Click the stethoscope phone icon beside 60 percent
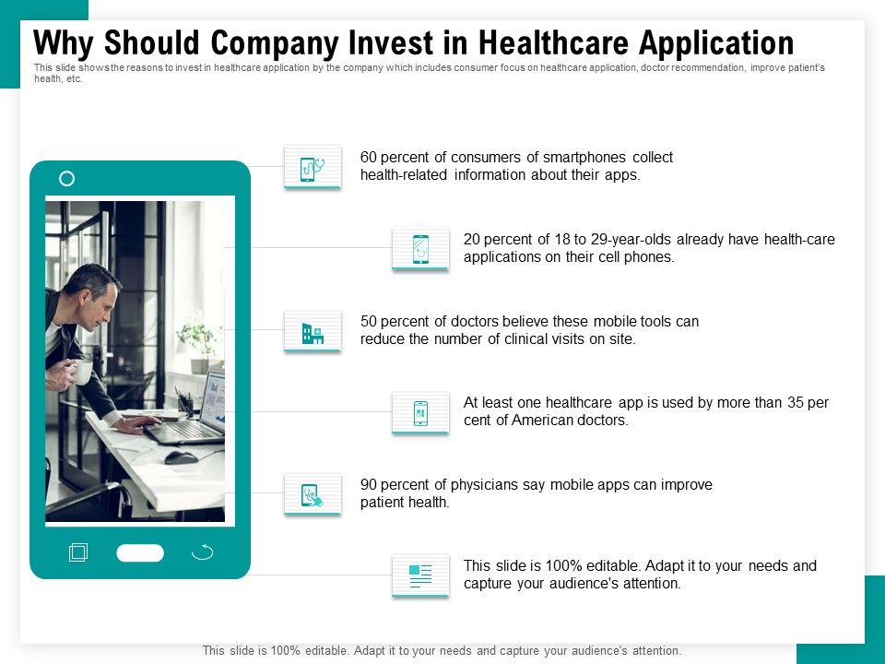point(313,168)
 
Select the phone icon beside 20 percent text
point(420,249)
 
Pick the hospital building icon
point(313,333)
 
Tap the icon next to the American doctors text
point(420,413)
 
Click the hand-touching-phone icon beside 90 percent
point(313,495)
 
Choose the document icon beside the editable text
point(420,576)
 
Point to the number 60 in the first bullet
point(369,158)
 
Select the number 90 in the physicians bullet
point(369,485)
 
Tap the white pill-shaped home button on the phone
point(140,553)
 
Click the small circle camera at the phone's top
point(66,179)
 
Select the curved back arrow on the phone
point(202,552)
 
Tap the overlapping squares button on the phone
point(78,552)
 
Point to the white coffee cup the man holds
point(81,373)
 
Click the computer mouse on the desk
point(180,456)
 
